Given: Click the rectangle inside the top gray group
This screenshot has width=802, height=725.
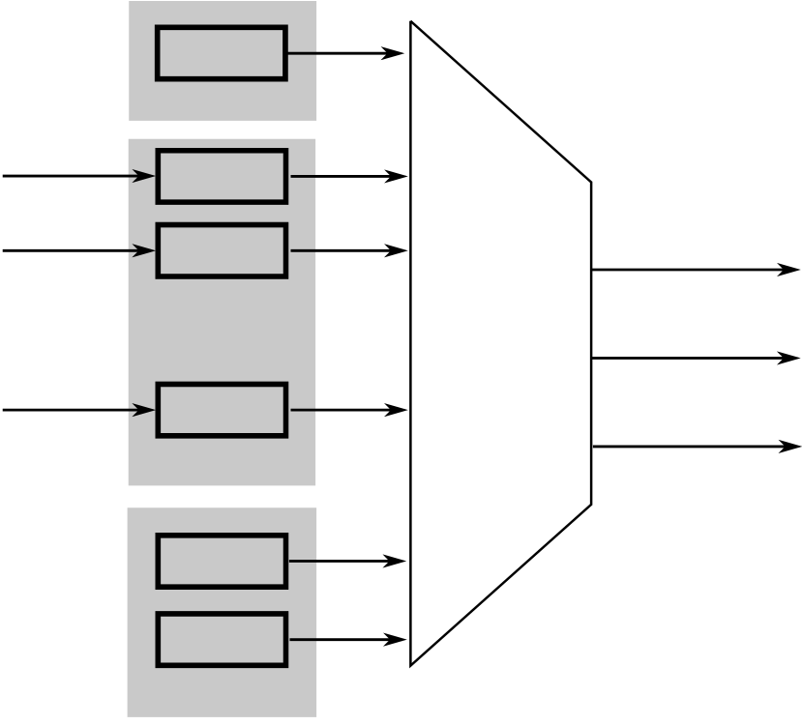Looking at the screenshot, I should pyautogui.click(x=222, y=53).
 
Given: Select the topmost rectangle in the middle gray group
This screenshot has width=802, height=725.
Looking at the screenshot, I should pyautogui.click(x=222, y=176).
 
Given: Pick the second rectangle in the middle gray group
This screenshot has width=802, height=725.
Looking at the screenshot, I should pyautogui.click(x=222, y=250).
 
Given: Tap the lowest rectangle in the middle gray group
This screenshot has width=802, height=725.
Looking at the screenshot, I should pyautogui.click(x=222, y=410).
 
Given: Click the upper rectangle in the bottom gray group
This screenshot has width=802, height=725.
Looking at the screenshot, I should pyautogui.click(x=222, y=561).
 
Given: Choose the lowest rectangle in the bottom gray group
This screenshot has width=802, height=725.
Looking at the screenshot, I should pyautogui.click(x=222, y=639).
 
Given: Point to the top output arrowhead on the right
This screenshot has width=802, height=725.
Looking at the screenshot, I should pyautogui.click(x=791, y=270).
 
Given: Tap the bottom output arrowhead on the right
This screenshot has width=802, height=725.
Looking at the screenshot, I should pyautogui.click(x=791, y=447).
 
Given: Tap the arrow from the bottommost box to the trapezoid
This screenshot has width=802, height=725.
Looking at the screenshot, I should pyautogui.click(x=347, y=639).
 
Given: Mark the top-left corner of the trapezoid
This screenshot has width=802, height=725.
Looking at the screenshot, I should pyautogui.click(x=411, y=22).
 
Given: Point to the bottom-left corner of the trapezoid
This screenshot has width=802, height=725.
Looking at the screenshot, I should pyautogui.click(x=411, y=665).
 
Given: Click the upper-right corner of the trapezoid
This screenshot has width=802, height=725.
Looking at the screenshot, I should pyautogui.click(x=591, y=181).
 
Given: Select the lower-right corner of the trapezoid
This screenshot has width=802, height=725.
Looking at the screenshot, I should pyautogui.click(x=591, y=504).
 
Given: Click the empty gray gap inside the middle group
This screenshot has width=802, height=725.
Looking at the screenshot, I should pyautogui.click(x=222, y=329).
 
